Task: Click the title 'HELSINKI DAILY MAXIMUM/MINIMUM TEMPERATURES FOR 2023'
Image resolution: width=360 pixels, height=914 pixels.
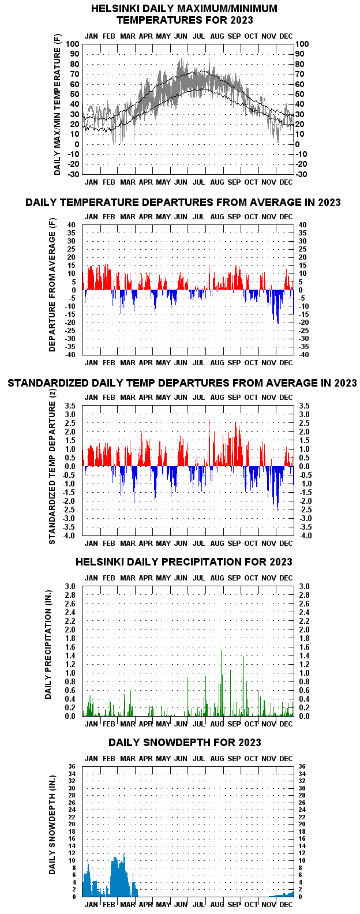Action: click(184, 14)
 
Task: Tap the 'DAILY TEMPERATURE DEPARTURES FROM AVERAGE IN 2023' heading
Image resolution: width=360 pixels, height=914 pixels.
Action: click(183, 203)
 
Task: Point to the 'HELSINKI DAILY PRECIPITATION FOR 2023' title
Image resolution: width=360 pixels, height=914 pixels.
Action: click(183, 562)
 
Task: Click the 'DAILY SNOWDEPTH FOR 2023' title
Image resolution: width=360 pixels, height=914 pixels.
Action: click(185, 742)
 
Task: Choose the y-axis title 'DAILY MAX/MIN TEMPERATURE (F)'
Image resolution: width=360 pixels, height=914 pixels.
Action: click(57, 105)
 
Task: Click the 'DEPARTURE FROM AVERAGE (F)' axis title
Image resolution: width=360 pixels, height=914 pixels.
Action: click(52, 285)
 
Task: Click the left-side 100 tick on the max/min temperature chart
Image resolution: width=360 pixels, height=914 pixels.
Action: click(72, 44)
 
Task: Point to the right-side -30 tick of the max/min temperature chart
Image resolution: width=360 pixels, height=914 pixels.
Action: click(301, 174)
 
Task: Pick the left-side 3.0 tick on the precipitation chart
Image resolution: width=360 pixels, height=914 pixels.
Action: click(70, 586)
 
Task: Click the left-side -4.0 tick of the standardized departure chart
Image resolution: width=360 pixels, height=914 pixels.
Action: click(69, 535)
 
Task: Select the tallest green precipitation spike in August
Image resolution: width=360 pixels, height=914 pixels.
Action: click(221, 683)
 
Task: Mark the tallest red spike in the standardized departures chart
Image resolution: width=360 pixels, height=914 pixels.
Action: click(209, 443)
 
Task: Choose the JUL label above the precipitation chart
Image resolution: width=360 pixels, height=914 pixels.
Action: click(199, 578)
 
